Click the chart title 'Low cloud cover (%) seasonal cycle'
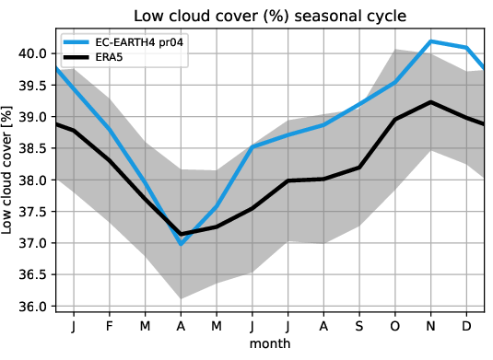tap(269, 16)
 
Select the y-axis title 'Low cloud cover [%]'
tap(11, 180)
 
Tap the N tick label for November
tap(429, 326)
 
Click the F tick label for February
tap(110, 326)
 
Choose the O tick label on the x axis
tap(394, 326)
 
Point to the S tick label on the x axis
tap(358, 326)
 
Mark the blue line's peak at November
tap(429, 41)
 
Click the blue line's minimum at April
tap(181, 244)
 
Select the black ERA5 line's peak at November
tap(429, 102)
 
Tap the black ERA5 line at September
tap(358, 168)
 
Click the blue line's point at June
tap(252, 147)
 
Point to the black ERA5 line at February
tap(110, 160)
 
